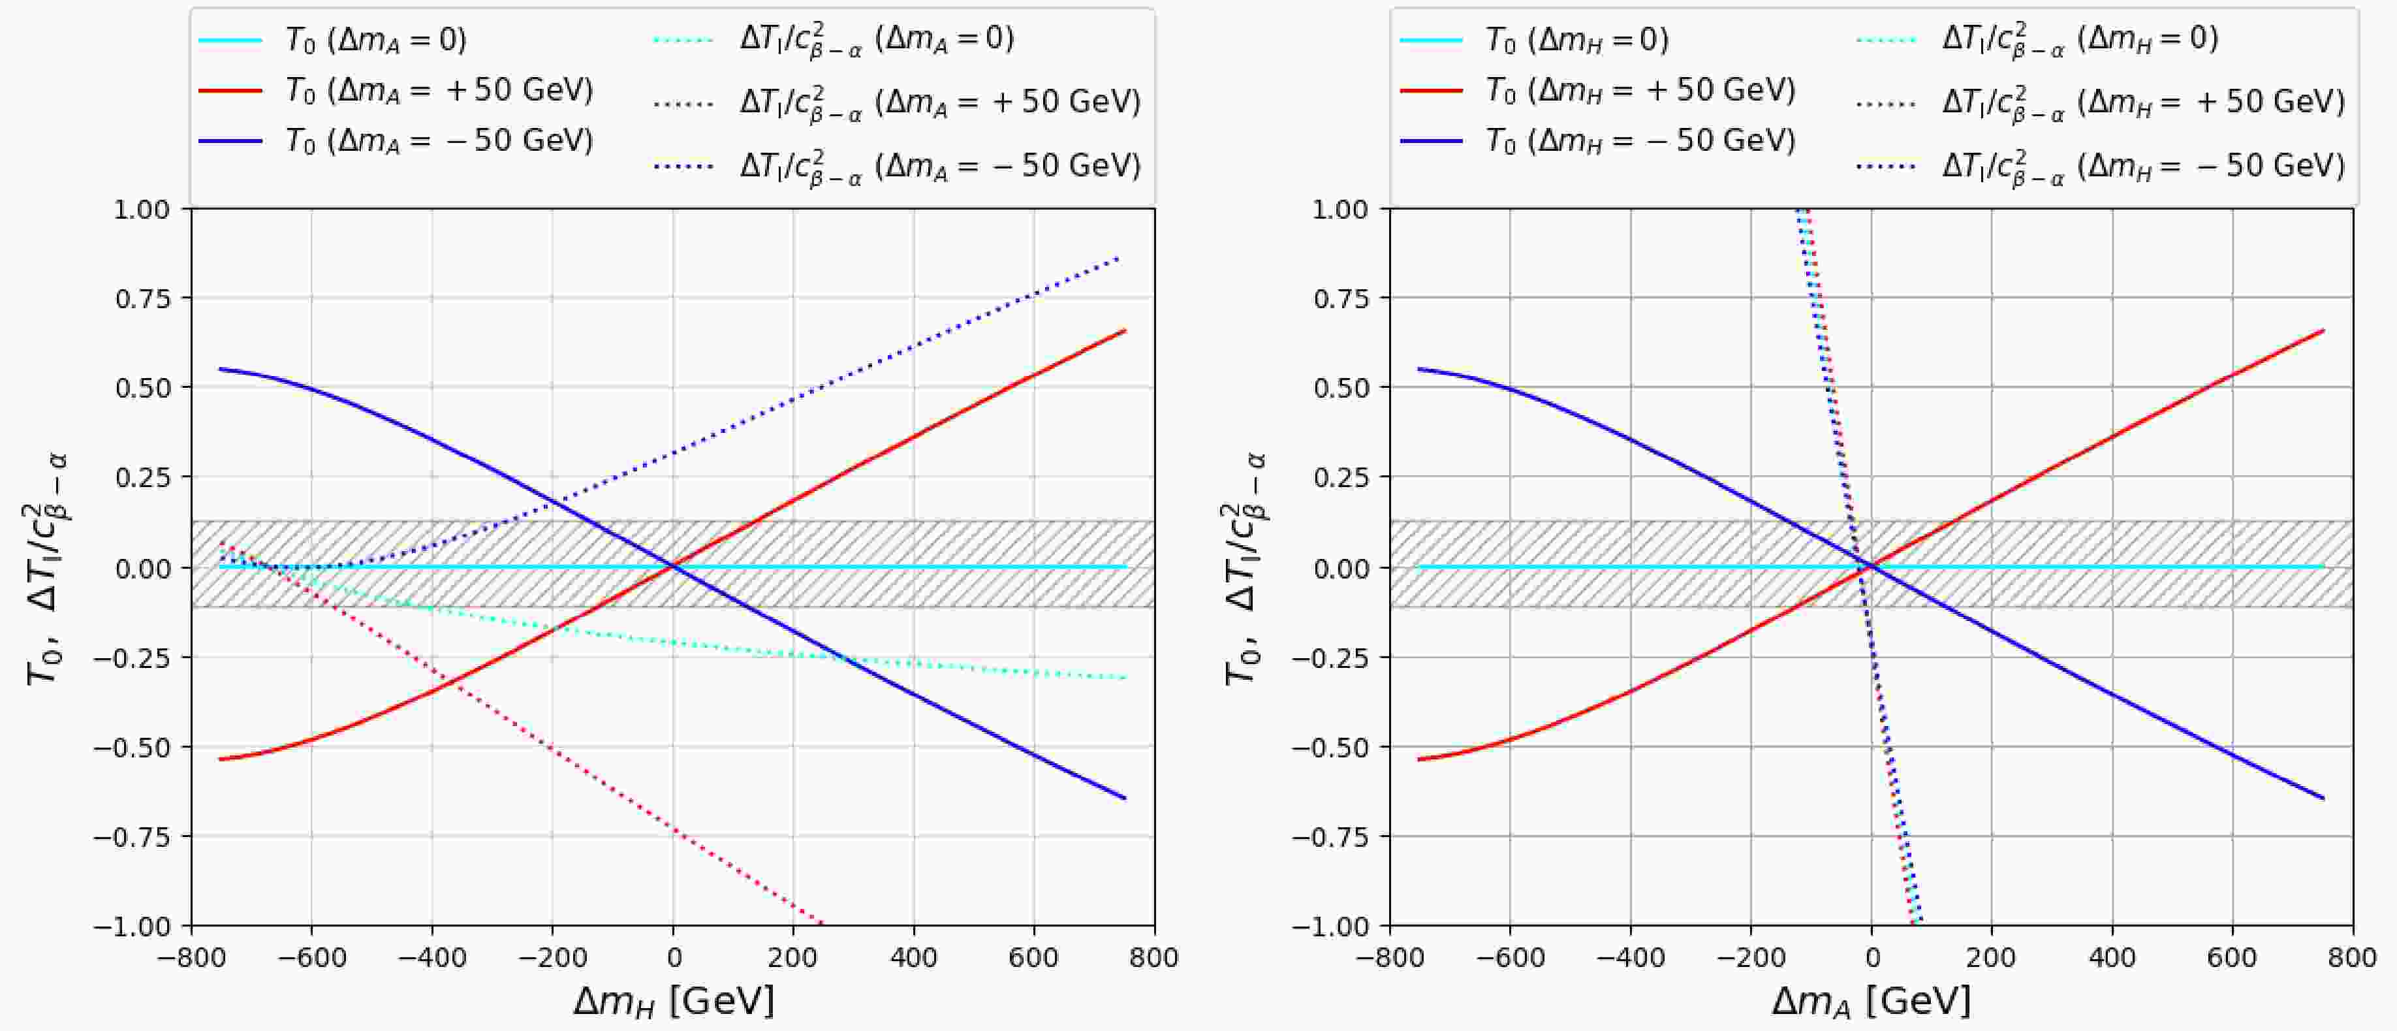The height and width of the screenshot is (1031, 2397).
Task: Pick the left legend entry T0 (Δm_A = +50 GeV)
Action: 438,90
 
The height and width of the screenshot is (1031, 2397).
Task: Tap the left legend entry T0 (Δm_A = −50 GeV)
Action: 438,140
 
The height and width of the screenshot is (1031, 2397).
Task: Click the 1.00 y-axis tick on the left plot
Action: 142,210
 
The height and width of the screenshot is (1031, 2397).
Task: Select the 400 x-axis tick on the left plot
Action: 914,957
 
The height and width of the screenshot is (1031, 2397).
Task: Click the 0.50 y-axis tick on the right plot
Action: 1340,388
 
